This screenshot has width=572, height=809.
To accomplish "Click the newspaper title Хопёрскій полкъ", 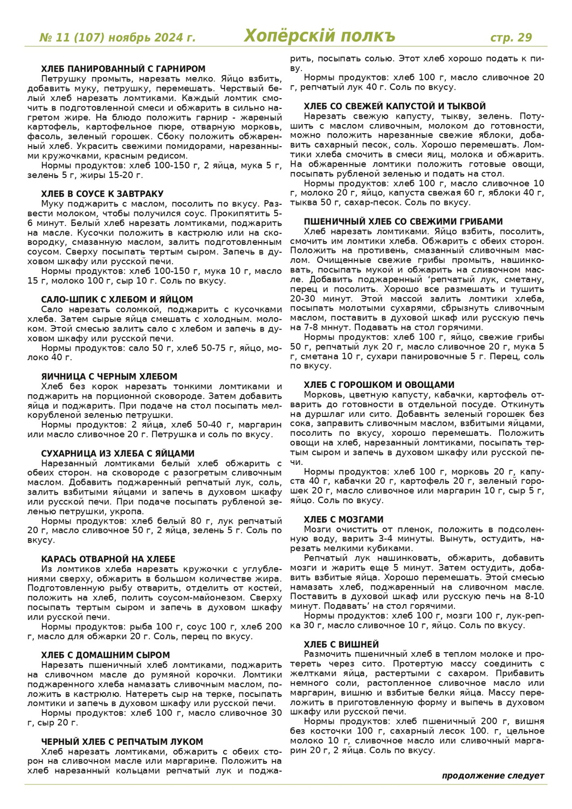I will pos(319,36).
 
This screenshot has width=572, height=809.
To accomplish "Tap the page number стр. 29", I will pos(511,37).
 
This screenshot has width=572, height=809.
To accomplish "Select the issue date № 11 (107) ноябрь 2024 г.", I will pos(118,38).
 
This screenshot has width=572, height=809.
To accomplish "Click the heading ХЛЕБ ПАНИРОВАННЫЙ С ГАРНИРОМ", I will pos(123,69).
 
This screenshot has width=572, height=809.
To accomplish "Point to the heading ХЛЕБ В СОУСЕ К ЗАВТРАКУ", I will pos(102,194).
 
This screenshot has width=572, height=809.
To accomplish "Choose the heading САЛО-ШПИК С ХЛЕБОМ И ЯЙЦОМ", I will pos(116,300).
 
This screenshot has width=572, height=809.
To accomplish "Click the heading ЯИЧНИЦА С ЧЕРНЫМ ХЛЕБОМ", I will pos(109,376).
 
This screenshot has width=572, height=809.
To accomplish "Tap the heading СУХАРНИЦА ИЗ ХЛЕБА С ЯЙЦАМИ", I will pos(118,454).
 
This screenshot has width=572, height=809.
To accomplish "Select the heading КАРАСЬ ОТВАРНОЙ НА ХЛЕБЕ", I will pos(108,559).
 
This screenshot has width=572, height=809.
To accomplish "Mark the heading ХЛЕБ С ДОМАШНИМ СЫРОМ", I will pos(105,655).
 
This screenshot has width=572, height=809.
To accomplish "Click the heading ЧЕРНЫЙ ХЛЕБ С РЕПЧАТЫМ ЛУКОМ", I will pos(122,742).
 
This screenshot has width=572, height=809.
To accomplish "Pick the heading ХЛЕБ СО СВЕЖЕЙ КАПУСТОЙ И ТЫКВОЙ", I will pos(394,107).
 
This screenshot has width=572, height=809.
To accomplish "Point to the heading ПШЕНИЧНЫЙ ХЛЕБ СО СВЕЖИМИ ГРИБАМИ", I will pos(403,222).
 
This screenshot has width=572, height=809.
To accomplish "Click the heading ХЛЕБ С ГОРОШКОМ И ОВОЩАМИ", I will pos(379,385).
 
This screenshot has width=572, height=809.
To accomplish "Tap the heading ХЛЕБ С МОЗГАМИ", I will pos(343,520).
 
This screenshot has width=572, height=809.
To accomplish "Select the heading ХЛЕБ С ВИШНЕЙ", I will pos(341,645).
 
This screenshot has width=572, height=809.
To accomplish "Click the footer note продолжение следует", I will pos(493,776).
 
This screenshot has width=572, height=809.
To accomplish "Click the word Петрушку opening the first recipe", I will pos(60,79).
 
